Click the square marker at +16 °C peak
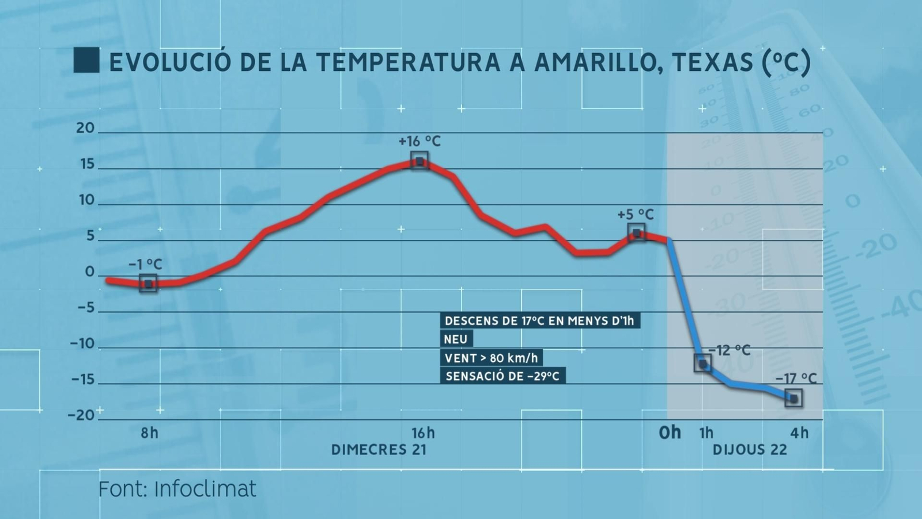click(x=420, y=161)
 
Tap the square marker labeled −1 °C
click(x=148, y=283)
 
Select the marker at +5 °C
click(x=637, y=233)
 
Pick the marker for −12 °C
click(x=702, y=363)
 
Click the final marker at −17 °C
click(x=793, y=398)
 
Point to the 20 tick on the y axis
click(x=85, y=128)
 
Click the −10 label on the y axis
click(x=82, y=344)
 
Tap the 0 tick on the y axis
click(x=89, y=272)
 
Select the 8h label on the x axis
click(x=149, y=433)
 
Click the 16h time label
click(x=423, y=433)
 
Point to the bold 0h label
click(x=670, y=432)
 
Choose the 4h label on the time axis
click(x=799, y=433)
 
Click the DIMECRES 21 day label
click(x=379, y=450)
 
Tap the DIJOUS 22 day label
click(x=750, y=450)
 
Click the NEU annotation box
click(x=456, y=339)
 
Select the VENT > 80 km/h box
click(x=491, y=358)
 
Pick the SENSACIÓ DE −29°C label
click(x=502, y=377)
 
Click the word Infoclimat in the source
click(x=205, y=489)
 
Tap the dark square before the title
click(x=86, y=61)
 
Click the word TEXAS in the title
click(x=712, y=62)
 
